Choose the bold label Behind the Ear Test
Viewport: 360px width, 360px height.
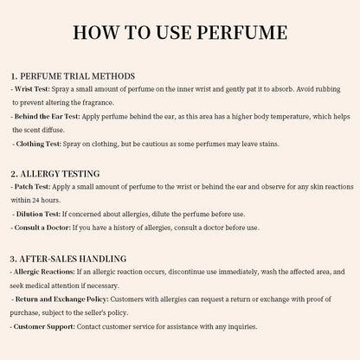pos(53,116)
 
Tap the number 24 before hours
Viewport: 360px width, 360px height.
pos(57,200)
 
